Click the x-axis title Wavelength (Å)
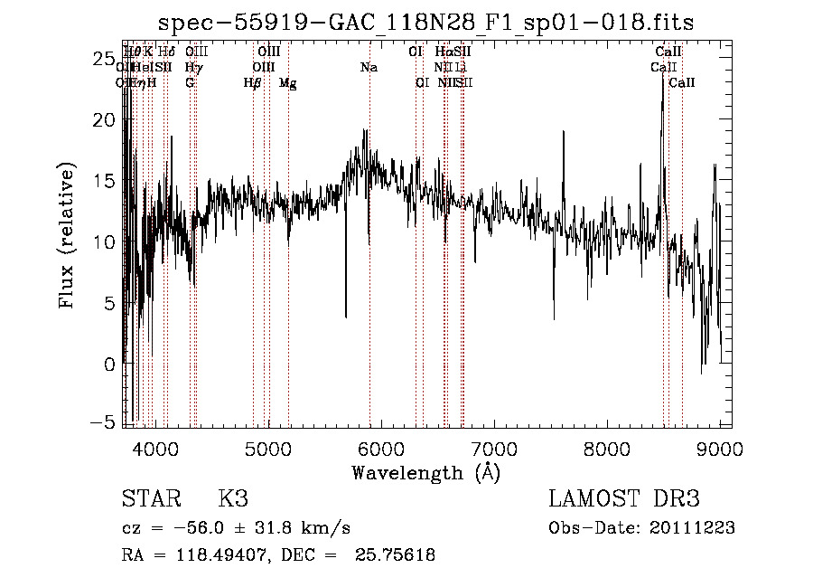425,472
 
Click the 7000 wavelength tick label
495,448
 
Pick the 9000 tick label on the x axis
720,448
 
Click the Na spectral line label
369,68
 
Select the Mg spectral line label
287,83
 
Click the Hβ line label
253,83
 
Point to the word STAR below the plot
150,499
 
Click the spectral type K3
233,499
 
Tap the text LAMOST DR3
624,499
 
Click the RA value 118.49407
214,555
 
